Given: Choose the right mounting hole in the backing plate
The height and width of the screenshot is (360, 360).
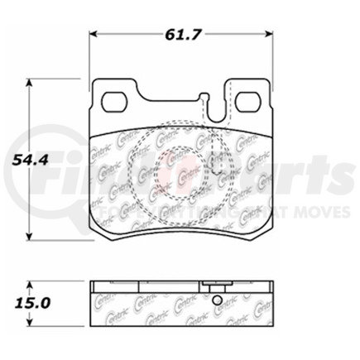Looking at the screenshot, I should click(247, 103).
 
